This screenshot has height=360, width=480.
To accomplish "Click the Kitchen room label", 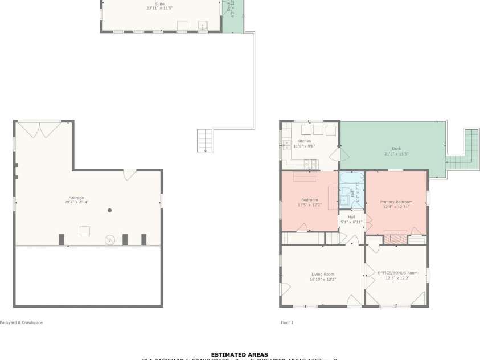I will pos(304,141).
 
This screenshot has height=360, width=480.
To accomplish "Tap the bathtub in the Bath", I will pos(352,181).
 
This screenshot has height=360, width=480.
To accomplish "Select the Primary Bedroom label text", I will pos(396,202).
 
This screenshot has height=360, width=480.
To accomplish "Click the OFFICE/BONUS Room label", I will pos(397,273).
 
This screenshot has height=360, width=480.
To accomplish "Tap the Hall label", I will pos(351,217).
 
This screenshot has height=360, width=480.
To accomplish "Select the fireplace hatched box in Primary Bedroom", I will pos(394,238).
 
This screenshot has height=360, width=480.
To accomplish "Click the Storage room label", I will pos(76,198).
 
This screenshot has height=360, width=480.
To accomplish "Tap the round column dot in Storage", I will pos(109,210).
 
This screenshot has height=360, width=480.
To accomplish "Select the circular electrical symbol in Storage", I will pos(109,240).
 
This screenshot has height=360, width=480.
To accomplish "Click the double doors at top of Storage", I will pos(39,129).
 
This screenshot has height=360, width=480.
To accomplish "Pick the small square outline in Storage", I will pos(85,231).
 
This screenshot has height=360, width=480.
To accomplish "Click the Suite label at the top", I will pos(159,4).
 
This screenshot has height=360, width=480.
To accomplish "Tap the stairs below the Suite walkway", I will pos(204,141).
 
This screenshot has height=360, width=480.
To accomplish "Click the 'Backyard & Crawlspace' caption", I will pos(21,322).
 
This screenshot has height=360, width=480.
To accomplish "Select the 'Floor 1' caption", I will pos(287,322).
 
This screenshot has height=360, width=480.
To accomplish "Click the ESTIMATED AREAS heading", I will pos(239,354).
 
